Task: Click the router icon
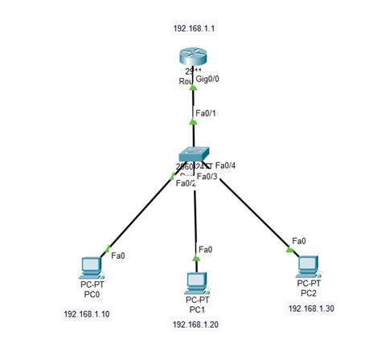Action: [x=193, y=59]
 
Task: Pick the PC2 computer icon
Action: [x=306, y=265]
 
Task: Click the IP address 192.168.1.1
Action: [x=193, y=28]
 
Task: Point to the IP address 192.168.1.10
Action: [x=86, y=313]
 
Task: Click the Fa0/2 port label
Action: [x=186, y=182]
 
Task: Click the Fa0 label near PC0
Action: [x=117, y=256]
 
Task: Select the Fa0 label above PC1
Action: [x=206, y=250]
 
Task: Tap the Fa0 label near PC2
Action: [x=298, y=241]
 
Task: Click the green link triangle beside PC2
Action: [x=289, y=250]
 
